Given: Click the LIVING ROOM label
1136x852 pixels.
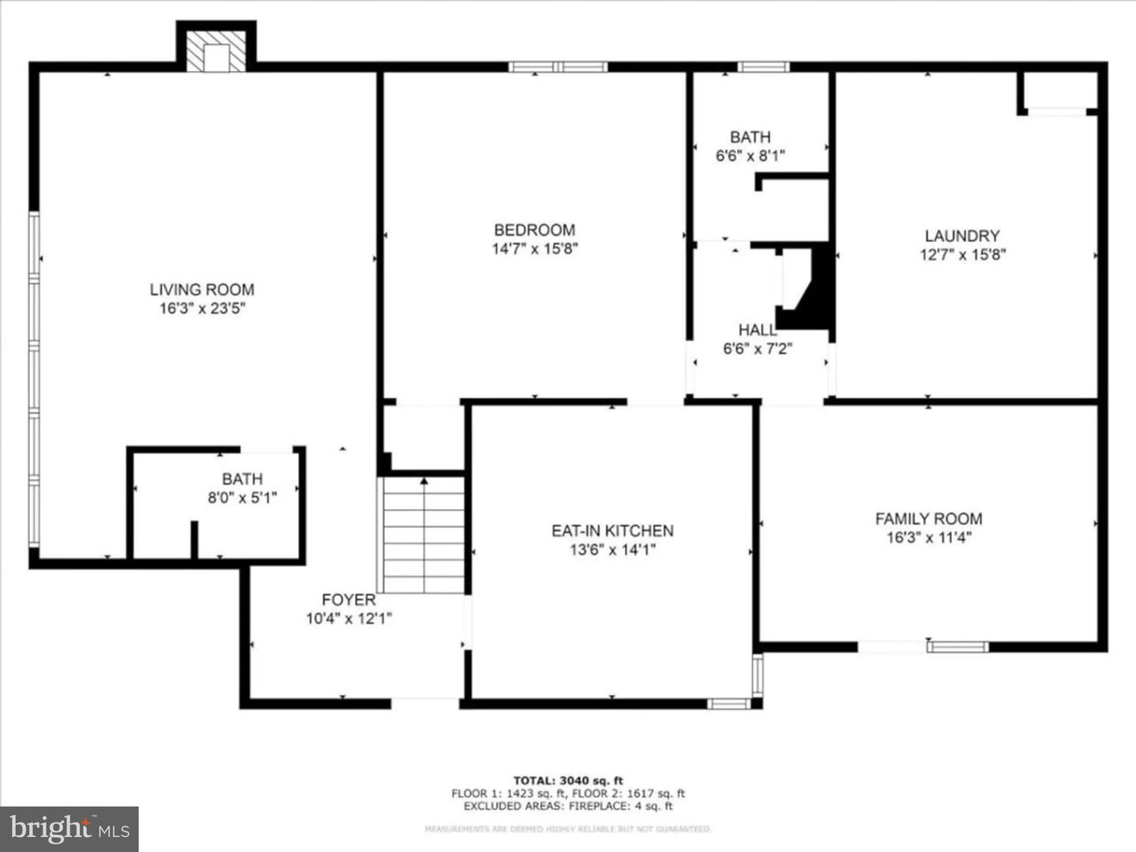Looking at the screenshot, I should click(202, 290).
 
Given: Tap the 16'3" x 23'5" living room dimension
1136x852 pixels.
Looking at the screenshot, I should click(202, 308).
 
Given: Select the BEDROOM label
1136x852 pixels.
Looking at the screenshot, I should click(534, 230).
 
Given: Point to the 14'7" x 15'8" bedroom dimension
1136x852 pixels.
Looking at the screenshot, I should click(534, 249).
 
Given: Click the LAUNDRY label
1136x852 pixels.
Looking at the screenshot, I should click(962, 235).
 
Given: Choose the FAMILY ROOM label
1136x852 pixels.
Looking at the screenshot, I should click(929, 518).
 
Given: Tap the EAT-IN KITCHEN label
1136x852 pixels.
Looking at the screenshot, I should click(612, 530).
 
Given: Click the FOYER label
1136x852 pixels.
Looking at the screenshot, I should click(348, 600).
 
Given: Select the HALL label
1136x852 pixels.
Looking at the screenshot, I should click(757, 330).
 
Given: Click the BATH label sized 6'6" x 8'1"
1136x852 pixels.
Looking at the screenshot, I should click(749, 136).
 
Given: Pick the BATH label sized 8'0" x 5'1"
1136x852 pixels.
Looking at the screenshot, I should click(242, 479).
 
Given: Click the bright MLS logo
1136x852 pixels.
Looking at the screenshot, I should click(69, 828).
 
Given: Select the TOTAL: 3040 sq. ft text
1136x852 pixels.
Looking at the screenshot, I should click(568, 781).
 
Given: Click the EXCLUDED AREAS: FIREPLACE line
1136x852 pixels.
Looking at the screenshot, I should click(568, 806).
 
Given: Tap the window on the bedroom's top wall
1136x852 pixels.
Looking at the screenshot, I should click(558, 67).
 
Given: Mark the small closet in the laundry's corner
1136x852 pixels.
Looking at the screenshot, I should click(1058, 92).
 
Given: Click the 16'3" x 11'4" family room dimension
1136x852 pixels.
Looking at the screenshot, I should click(929, 538).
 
